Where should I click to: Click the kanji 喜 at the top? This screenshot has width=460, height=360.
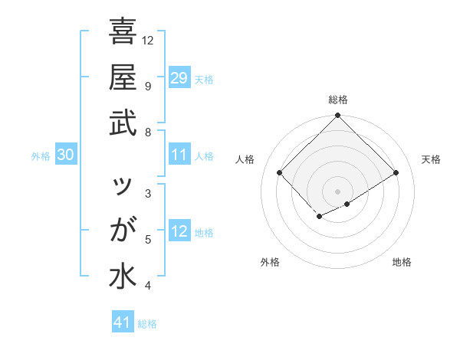[123, 33]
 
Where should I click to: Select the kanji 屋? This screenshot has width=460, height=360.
[123, 77]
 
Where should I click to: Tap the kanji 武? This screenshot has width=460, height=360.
[123, 123]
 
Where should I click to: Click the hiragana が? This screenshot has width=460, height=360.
[123, 231]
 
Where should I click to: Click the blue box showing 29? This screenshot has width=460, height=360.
[179, 78]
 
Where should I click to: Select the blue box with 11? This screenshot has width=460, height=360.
[179, 155]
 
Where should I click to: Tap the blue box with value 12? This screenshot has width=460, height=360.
[179, 231]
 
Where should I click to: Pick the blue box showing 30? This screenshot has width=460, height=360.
[66, 155]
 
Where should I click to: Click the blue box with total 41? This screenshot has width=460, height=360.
[123, 322]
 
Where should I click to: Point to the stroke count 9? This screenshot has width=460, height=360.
[148, 86]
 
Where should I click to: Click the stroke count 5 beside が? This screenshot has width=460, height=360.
[148, 240]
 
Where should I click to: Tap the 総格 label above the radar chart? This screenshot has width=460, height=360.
[338, 100]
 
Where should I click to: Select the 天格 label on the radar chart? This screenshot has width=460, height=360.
[431, 159]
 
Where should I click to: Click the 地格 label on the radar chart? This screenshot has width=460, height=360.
[402, 262]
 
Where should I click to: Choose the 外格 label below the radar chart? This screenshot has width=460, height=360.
[270, 262]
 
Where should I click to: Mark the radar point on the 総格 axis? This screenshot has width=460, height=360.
[338, 116]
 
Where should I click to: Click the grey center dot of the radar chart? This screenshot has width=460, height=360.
[338, 191]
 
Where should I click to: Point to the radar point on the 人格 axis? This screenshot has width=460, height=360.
[280, 172]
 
